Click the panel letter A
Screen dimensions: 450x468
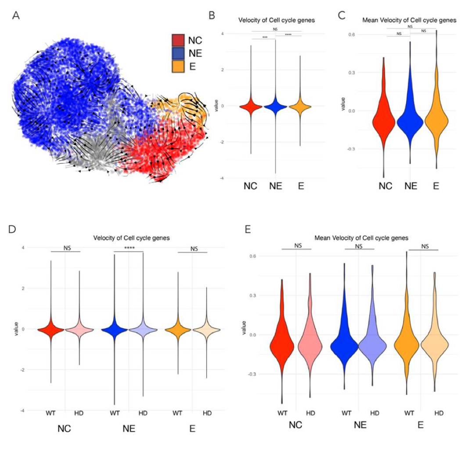click(16, 16)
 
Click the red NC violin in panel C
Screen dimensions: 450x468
click(385, 118)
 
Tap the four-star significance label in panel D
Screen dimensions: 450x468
click(129, 248)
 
